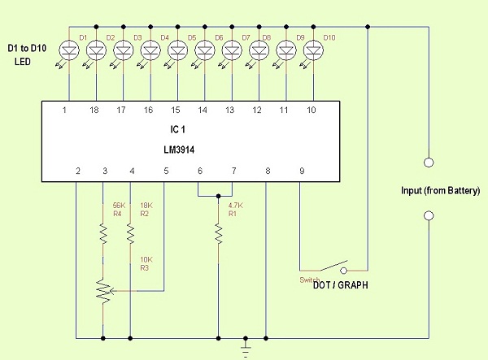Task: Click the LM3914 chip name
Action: coord(179,150)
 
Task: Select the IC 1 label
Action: coord(177,129)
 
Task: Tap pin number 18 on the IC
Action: coord(94,110)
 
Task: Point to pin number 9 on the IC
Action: coord(302,171)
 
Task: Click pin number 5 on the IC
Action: coord(166,171)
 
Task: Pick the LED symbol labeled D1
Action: coord(69,50)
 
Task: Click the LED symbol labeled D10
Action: coord(313,50)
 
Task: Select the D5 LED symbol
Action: coord(177,50)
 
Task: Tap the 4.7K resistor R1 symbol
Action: coord(219,234)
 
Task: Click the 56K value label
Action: coord(119,206)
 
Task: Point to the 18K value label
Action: coord(146,206)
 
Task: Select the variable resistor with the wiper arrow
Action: coord(103,291)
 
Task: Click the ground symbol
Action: coord(246,348)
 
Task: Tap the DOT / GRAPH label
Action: coord(341,285)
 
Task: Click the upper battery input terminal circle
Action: coord(429,163)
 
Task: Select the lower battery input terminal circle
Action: coord(429,215)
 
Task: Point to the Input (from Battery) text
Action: coord(440,191)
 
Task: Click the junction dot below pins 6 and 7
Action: coord(219,196)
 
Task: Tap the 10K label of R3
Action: coord(146,259)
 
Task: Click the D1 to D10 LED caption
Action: coord(27,54)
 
